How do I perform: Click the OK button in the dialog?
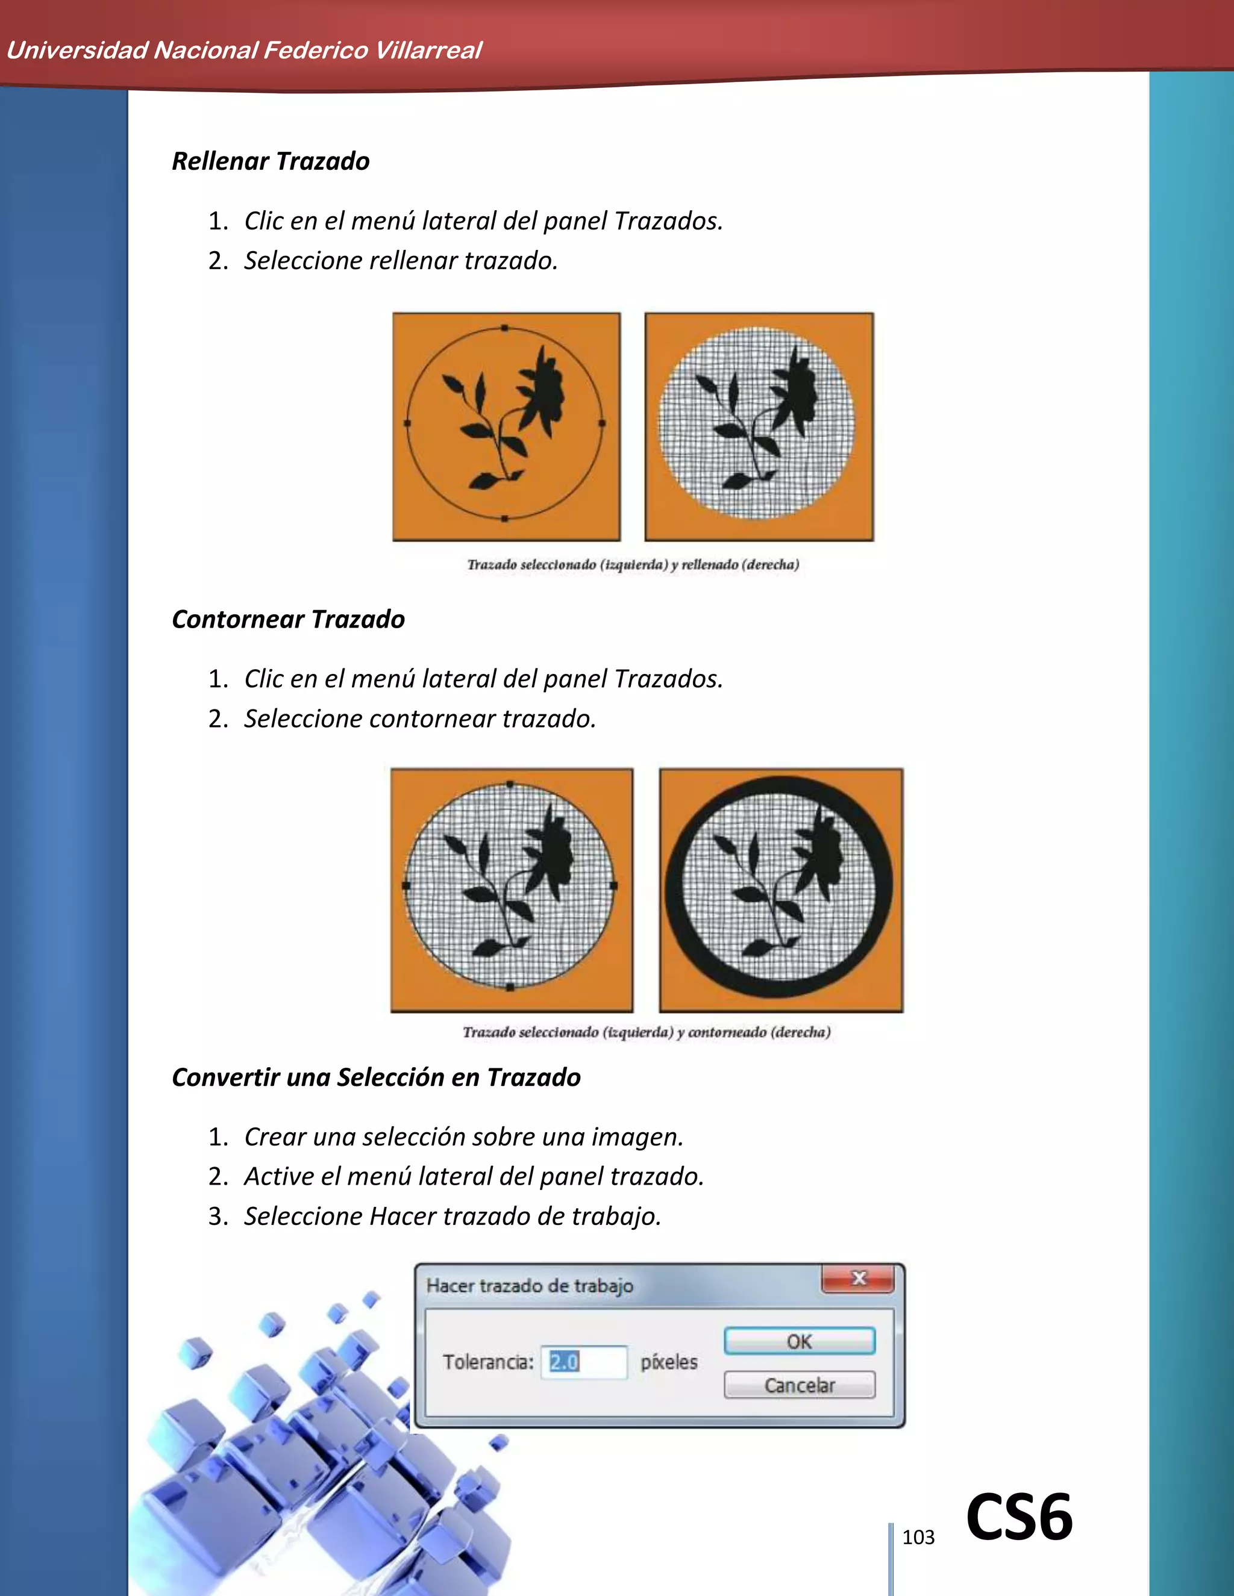coord(799,1341)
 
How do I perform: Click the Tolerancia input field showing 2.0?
coord(583,1362)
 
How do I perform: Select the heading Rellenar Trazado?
coord(271,161)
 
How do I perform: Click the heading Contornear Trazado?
coord(288,620)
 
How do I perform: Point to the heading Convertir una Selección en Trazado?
coord(376,1078)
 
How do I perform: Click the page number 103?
coord(918,1538)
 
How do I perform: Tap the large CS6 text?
coord(1019,1517)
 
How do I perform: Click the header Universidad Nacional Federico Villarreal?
coord(243,51)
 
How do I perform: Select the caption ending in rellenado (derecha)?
coord(633,565)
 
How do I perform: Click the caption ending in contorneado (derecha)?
coord(647,1032)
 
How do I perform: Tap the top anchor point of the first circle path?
coord(504,328)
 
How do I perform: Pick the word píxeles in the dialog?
coord(669,1362)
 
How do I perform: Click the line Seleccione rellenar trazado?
coord(401,261)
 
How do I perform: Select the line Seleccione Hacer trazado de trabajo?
coord(453,1217)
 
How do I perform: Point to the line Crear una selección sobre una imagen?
coord(463,1137)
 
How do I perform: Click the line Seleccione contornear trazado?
coord(421,719)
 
